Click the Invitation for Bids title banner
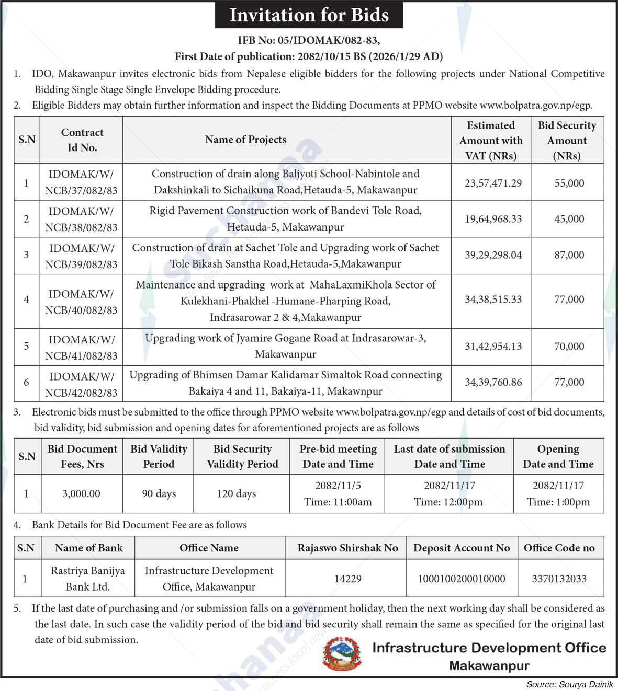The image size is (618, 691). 309,15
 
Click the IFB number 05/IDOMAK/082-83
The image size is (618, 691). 308,40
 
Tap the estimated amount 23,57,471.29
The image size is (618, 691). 493,183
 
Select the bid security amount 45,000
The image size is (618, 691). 569,219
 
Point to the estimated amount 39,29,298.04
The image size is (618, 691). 493,255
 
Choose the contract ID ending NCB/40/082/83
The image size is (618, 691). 81,302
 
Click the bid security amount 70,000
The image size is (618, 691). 569,347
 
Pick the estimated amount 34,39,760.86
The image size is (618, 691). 493,383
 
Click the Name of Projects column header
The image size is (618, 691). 245,140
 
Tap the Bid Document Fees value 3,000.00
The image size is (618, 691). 81,494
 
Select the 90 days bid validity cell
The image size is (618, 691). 159,494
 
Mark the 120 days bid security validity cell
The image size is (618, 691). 237,494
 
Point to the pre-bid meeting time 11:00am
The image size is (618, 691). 338,502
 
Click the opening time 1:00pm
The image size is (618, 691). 558,502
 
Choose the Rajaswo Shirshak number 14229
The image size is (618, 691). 347,579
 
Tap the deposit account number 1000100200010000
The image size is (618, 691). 461,579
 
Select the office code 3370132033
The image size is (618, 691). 559,579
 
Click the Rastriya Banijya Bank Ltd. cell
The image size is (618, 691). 88,579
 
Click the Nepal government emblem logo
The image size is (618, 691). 342,654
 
